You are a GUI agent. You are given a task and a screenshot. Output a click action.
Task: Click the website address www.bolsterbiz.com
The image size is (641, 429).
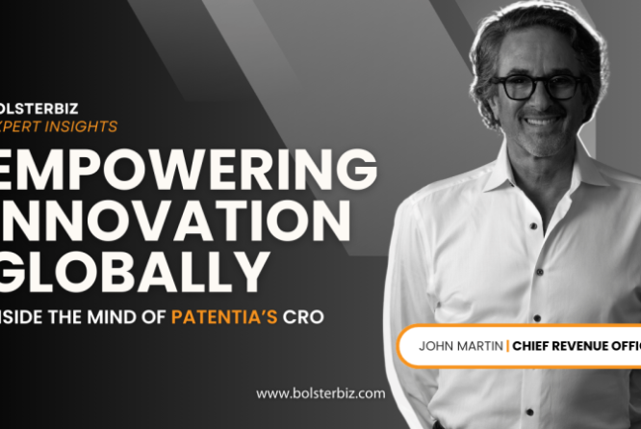(x=320, y=392)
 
